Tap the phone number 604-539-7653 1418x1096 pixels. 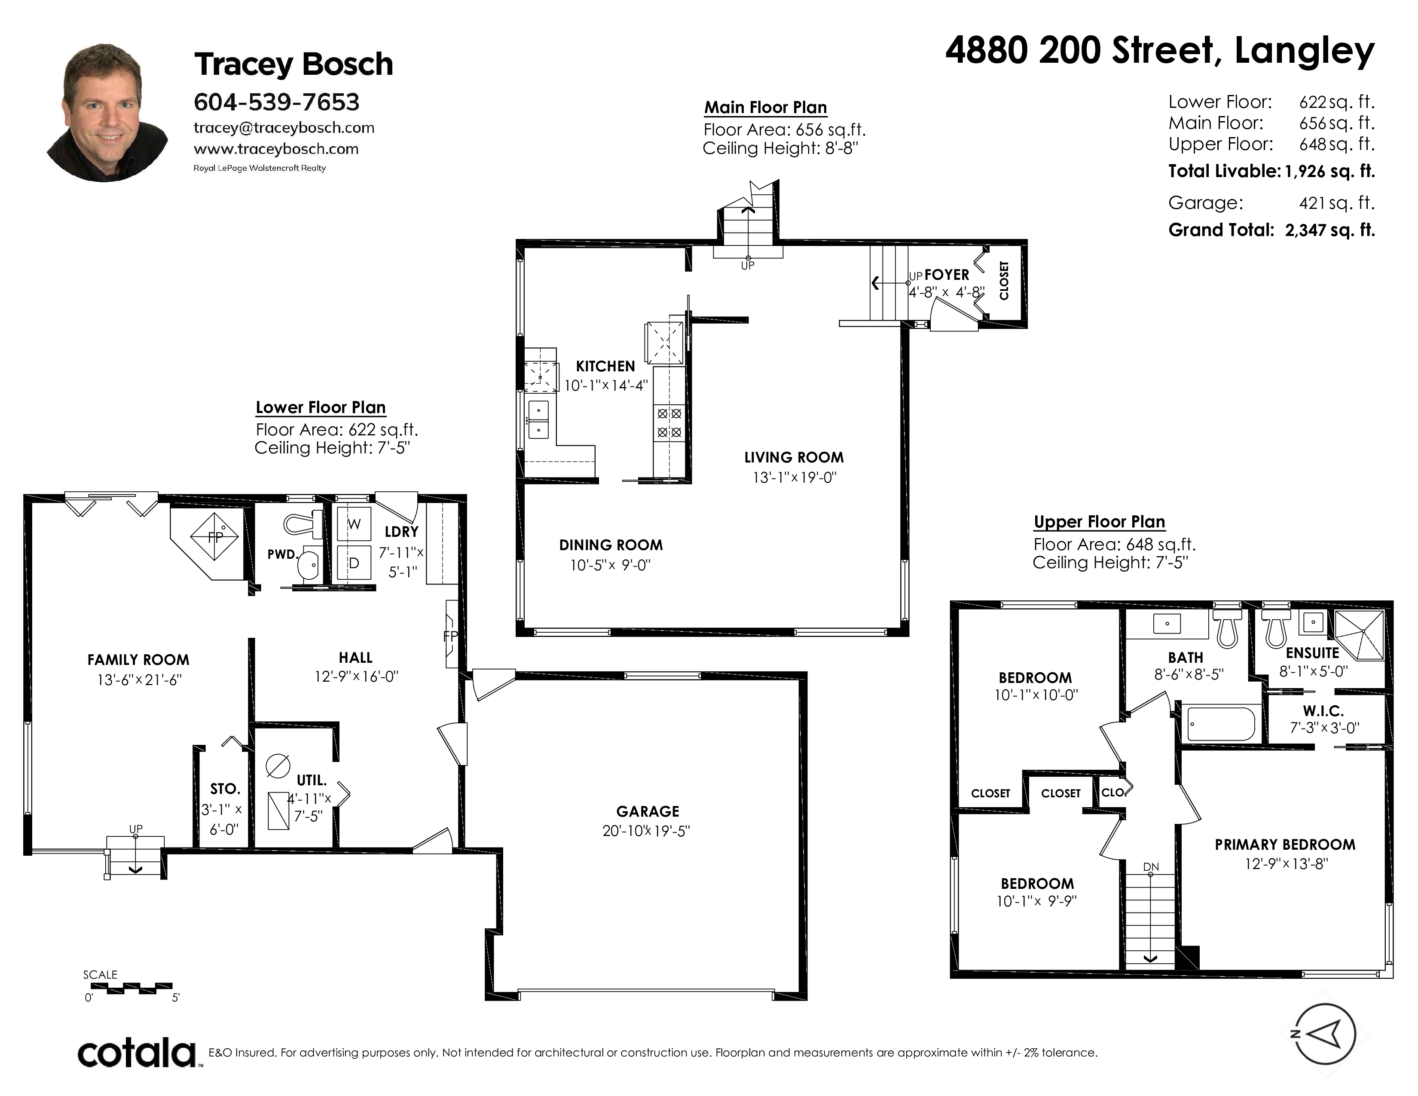coord(277,102)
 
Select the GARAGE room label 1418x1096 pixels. coord(647,811)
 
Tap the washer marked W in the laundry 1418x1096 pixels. coord(354,524)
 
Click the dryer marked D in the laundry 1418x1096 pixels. coord(354,562)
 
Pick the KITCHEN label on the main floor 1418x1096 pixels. coord(605,366)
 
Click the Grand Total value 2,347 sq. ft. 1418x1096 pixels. coord(1330,230)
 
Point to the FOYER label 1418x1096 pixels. coord(947,275)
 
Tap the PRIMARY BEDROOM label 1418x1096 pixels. coord(1285,845)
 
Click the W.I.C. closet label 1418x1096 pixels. coord(1323,711)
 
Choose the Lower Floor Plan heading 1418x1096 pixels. coord(321,408)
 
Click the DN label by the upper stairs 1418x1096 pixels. coord(1151,867)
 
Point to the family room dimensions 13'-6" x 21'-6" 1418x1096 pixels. coord(139,680)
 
